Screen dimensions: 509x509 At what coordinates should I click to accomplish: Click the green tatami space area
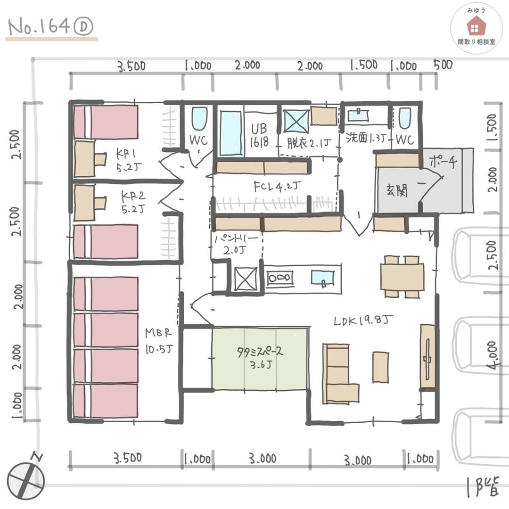click(x=260, y=358)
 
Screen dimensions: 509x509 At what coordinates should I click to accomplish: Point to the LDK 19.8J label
click(x=362, y=321)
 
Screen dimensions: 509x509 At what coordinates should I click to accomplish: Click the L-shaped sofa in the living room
click(x=338, y=374)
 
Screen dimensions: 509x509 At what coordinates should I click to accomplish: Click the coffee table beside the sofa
click(x=381, y=367)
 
